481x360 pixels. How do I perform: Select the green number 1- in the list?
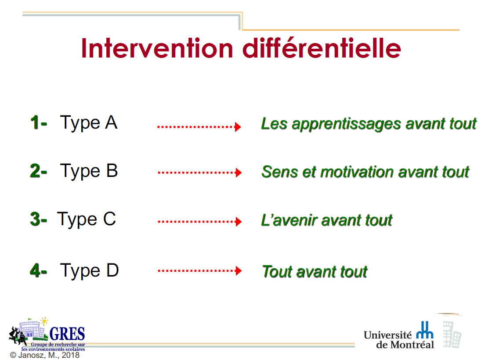pyautogui.click(x=39, y=122)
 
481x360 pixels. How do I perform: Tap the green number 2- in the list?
pyautogui.click(x=39, y=171)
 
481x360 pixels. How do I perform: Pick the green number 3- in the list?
pyautogui.click(x=39, y=219)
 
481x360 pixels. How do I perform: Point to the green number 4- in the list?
pyautogui.click(x=39, y=270)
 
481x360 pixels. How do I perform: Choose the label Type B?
pyautogui.click(x=89, y=171)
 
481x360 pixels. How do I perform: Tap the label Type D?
pyautogui.click(x=89, y=271)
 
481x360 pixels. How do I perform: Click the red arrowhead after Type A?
pyautogui.click(x=238, y=126)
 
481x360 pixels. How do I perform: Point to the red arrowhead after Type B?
pyautogui.click(x=239, y=173)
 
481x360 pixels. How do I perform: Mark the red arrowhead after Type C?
pyautogui.click(x=239, y=221)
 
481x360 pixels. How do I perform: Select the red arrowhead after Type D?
pyautogui.click(x=239, y=271)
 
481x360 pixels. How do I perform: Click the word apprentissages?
pyautogui.click(x=346, y=125)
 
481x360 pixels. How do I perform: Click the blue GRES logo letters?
pyautogui.click(x=67, y=334)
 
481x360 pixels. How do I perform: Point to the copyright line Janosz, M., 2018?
pyautogui.click(x=45, y=355)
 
